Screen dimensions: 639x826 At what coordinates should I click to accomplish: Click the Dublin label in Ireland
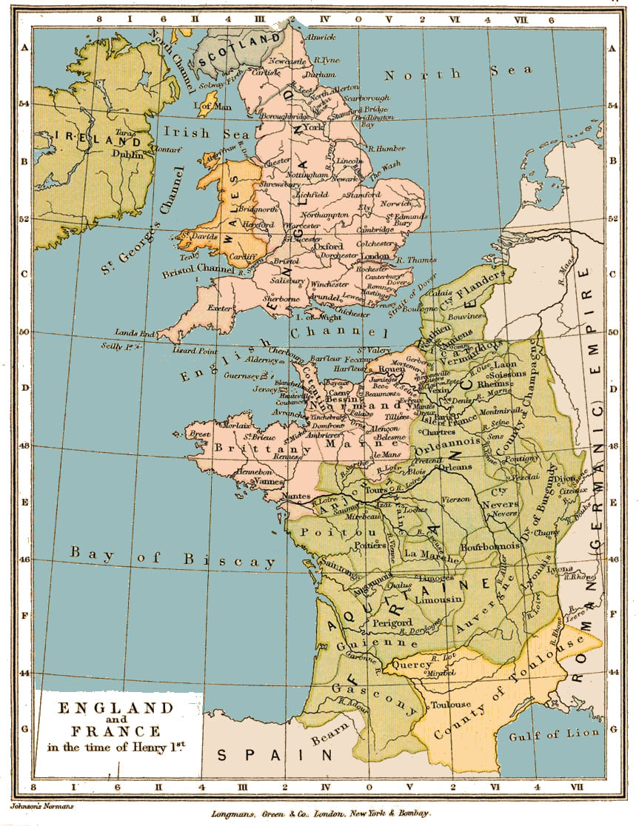[127, 154]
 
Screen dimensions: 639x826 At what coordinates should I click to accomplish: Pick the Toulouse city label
[451, 705]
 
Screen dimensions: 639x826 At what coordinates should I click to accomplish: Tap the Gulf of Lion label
[548, 735]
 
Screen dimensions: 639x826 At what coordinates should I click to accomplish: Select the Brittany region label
[252, 449]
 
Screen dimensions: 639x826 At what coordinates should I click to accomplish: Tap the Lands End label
[133, 332]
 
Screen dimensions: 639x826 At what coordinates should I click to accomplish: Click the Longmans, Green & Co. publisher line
[319, 813]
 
